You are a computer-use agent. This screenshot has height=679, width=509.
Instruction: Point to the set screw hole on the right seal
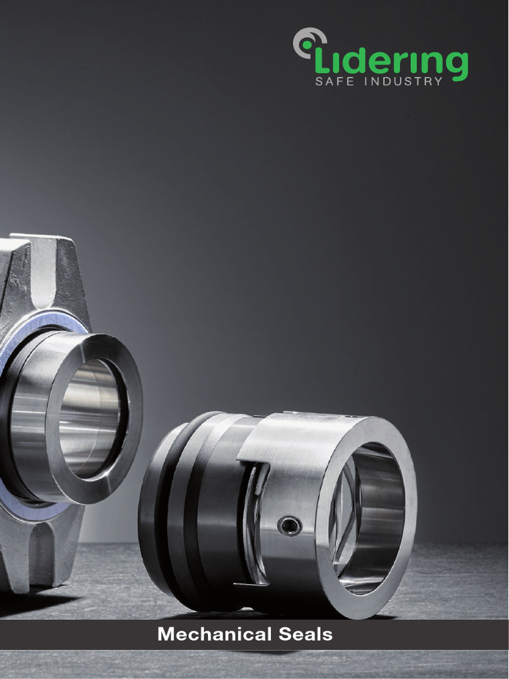(289, 526)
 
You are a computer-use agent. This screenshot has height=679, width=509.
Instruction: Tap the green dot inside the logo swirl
(307, 45)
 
